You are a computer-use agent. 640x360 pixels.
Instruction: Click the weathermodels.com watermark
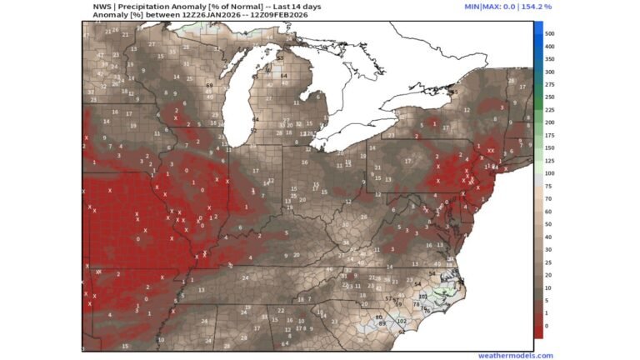(515, 355)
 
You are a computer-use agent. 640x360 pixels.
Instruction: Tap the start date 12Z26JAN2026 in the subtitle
(193, 15)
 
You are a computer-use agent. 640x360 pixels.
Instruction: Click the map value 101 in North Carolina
(422, 297)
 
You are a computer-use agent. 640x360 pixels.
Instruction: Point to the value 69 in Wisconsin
(209, 86)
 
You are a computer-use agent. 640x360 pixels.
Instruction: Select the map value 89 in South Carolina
(382, 322)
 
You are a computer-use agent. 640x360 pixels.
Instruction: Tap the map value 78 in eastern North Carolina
(416, 305)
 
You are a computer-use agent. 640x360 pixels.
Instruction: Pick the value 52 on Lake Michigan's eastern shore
(252, 131)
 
